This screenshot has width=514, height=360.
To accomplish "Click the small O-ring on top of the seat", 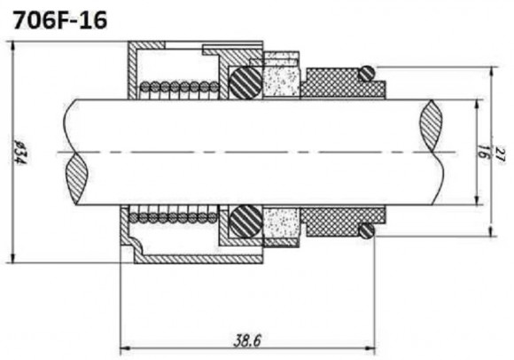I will pyautogui.click(x=367, y=72).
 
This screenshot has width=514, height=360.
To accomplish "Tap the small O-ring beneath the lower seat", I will pyautogui.click(x=366, y=231).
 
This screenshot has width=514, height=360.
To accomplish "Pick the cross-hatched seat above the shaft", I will pyautogui.click(x=337, y=85).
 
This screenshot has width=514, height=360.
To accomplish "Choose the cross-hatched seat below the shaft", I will pyautogui.click(x=337, y=218).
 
